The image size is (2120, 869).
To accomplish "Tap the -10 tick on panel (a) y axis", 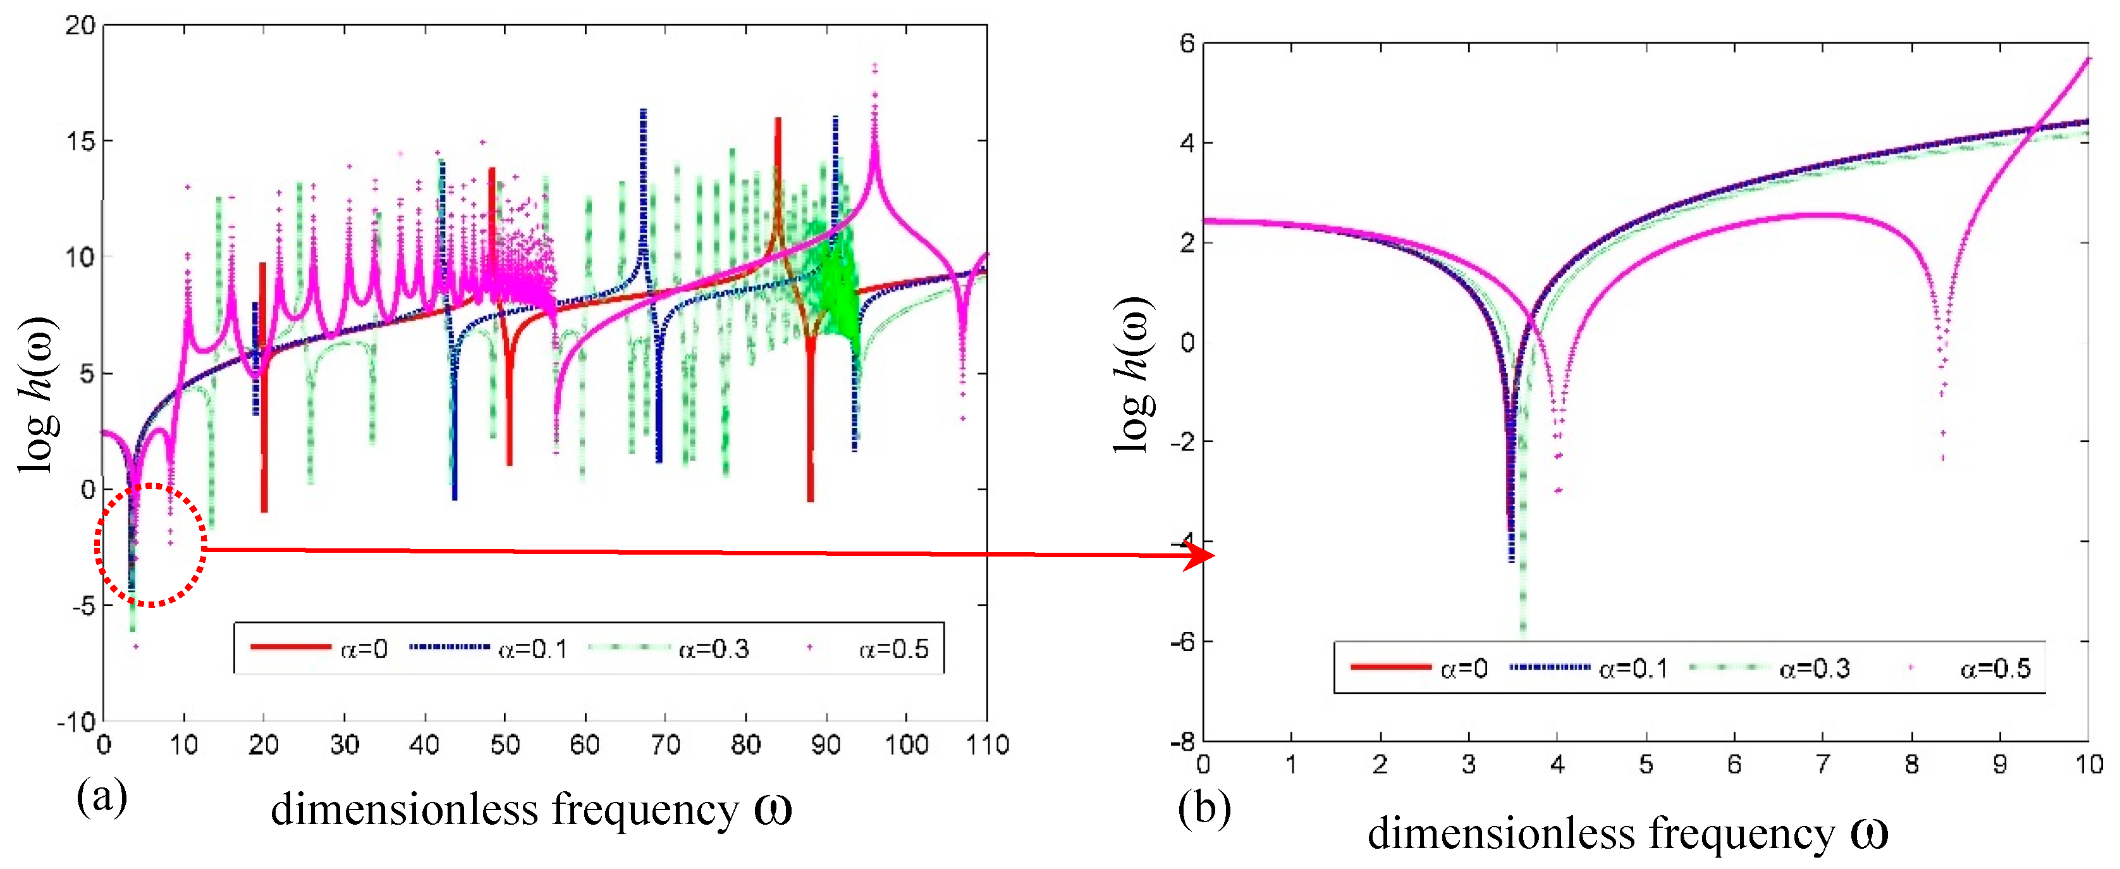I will pos(76,722).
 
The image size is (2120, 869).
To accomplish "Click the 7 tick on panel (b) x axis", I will pos(1823,765).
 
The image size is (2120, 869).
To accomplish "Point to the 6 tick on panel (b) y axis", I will pos(1186,43).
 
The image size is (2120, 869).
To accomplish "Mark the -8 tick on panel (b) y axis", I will pos(1182,741).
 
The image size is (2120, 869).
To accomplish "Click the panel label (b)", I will pos(1203,809).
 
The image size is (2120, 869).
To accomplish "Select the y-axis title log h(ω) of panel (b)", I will pos(1134,374).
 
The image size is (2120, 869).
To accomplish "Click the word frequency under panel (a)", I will pos(645,810).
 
